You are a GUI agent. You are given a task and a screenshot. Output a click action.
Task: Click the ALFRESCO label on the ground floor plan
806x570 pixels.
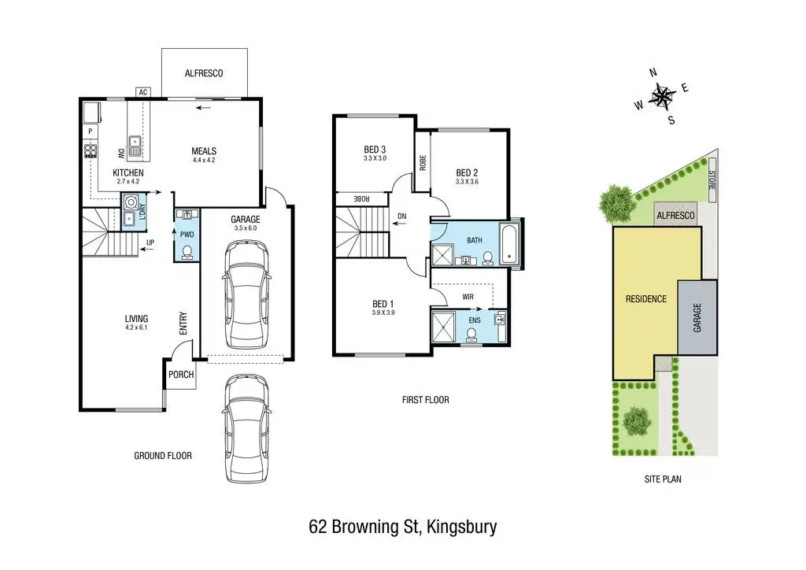pos(204,73)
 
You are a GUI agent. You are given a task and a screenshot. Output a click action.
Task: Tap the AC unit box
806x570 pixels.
pos(143,93)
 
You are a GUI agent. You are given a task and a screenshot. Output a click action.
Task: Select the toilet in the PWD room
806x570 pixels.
pos(187,253)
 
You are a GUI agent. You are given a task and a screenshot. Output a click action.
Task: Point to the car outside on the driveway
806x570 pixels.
pos(247,428)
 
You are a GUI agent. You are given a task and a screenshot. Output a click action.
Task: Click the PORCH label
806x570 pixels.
pos(181,375)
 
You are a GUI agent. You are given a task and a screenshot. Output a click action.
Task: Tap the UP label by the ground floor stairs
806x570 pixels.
pos(150,242)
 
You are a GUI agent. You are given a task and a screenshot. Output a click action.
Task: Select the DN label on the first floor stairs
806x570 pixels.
pos(402,217)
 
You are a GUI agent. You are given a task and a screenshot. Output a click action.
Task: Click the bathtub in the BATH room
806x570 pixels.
pos(509,243)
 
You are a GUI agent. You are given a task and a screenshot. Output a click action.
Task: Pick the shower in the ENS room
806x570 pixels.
pos(444,326)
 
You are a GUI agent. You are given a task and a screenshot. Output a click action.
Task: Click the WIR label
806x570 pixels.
pos(468,297)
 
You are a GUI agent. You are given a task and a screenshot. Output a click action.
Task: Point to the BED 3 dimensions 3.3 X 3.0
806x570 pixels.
pos(375,158)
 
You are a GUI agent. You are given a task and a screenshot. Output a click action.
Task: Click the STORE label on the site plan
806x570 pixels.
pos(712,180)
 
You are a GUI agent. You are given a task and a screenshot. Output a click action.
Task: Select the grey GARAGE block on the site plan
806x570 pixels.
pos(697,317)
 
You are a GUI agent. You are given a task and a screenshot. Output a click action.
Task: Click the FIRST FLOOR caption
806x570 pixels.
pos(426,400)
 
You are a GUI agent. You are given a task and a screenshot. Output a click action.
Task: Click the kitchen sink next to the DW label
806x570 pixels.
pos(135,146)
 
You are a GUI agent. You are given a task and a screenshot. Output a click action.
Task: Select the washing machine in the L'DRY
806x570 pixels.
pos(128,201)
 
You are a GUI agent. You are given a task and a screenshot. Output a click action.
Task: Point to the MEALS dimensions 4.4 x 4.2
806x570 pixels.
pos(204,160)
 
